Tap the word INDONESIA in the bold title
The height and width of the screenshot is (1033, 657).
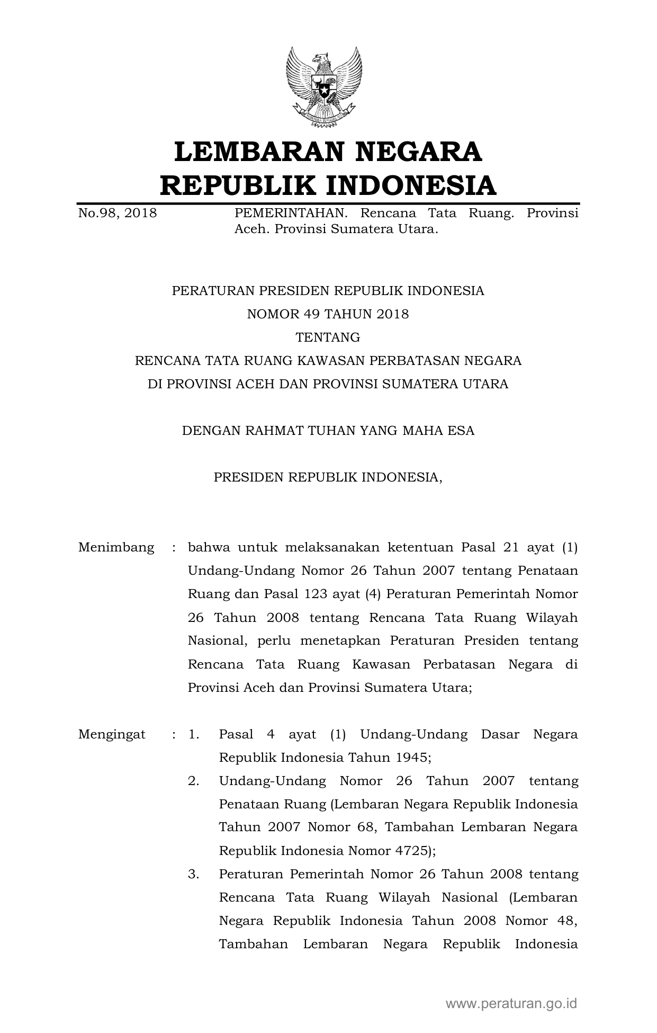410,185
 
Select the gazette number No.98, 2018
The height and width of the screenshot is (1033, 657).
118,213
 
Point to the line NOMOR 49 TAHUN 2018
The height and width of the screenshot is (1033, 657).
328,314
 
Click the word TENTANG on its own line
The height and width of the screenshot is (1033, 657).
328,337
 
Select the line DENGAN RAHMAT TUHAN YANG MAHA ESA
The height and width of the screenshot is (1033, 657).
328,431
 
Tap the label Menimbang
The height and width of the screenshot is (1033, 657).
116,547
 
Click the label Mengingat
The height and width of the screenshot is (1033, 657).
112,734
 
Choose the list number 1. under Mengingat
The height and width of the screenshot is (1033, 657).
193,734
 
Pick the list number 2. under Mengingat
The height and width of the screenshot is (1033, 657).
193,781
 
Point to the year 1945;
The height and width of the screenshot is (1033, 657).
413,758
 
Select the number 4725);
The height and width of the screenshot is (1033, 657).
415,851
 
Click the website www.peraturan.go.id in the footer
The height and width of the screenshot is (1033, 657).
511,1003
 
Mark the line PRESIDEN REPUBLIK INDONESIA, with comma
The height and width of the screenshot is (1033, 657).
328,477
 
